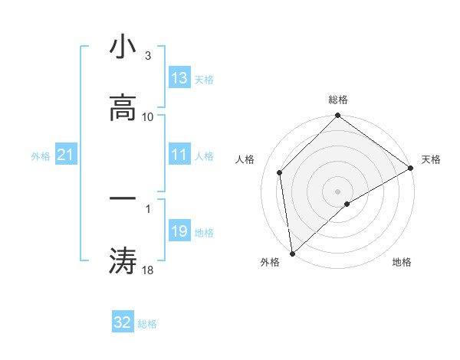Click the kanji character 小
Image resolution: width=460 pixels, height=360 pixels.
click(x=123, y=47)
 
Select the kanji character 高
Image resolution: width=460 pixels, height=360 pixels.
click(x=123, y=110)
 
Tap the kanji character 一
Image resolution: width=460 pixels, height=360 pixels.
click(x=123, y=198)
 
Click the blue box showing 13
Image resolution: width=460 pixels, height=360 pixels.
click(x=179, y=78)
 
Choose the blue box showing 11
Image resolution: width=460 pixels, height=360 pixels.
click(x=179, y=155)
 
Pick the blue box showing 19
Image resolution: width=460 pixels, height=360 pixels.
click(x=179, y=231)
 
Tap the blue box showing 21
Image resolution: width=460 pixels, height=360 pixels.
click(x=66, y=155)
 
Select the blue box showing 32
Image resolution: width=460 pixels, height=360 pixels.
click(x=123, y=322)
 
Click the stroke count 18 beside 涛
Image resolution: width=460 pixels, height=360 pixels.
click(x=147, y=270)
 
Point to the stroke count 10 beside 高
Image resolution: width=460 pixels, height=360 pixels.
click(x=148, y=116)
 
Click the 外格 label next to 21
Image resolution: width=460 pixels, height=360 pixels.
click(x=41, y=156)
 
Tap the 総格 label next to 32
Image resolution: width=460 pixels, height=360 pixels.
click(x=147, y=324)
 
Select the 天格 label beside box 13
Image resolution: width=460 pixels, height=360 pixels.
click(x=204, y=80)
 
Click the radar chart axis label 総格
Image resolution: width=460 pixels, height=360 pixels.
click(x=338, y=100)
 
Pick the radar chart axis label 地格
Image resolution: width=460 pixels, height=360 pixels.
click(x=402, y=262)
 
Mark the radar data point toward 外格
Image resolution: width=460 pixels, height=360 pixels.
click(x=292, y=253)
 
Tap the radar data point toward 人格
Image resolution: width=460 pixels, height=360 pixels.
click(x=280, y=172)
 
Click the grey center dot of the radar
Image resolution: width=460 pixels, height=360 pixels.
click(x=338, y=191)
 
